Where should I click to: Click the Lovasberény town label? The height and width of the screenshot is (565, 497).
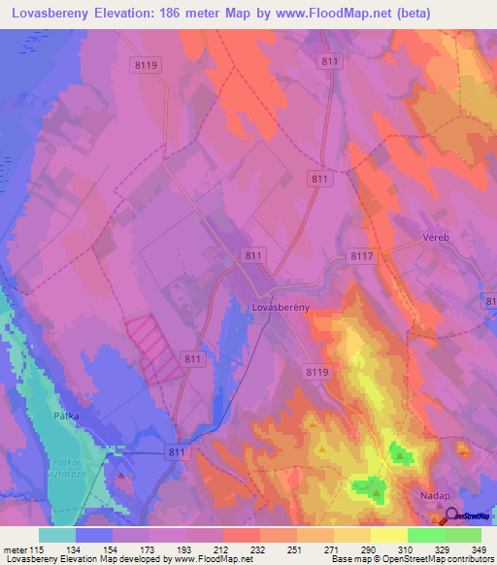click(x=280, y=307)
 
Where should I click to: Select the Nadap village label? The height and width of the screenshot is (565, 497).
click(x=439, y=494)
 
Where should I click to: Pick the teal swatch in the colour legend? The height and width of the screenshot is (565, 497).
click(x=57, y=535)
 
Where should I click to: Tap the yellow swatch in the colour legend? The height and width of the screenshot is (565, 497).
click(x=389, y=535)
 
